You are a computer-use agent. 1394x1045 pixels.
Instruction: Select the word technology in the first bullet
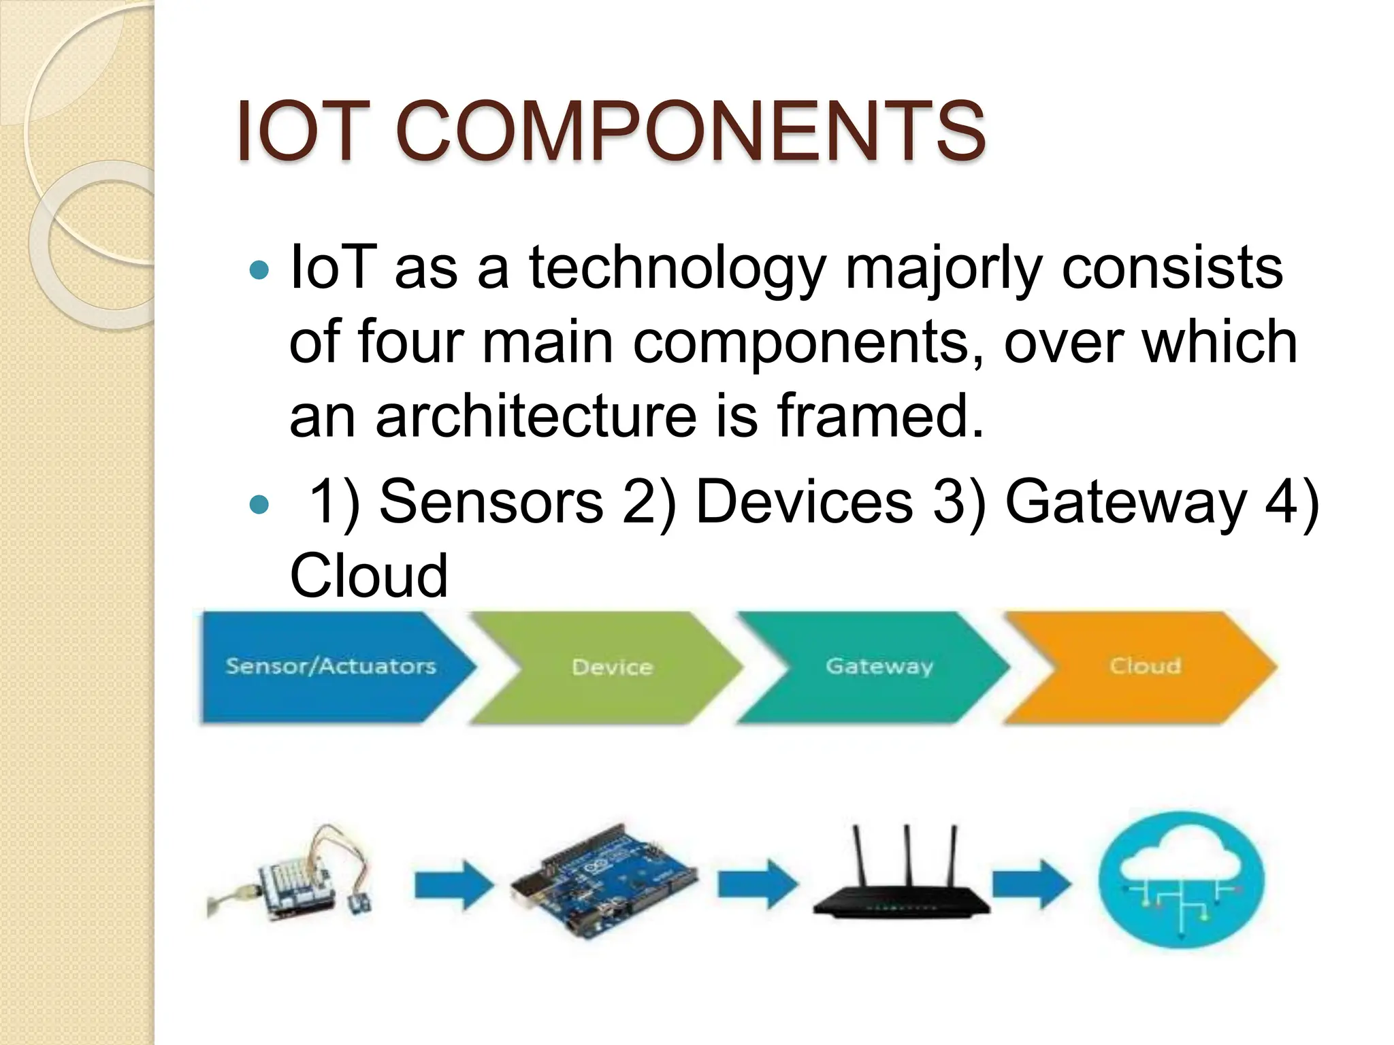[x=677, y=269]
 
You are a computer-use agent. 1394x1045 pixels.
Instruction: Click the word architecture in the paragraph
[x=536, y=416]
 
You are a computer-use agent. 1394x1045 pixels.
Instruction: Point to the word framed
[x=880, y=416]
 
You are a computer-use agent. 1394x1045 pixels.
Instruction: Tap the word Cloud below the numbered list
[x=368, y=576]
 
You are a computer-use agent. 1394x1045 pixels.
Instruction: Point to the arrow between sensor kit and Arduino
[x=453, y=884]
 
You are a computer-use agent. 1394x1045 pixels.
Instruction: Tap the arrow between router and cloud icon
[x=1031, y=884]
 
